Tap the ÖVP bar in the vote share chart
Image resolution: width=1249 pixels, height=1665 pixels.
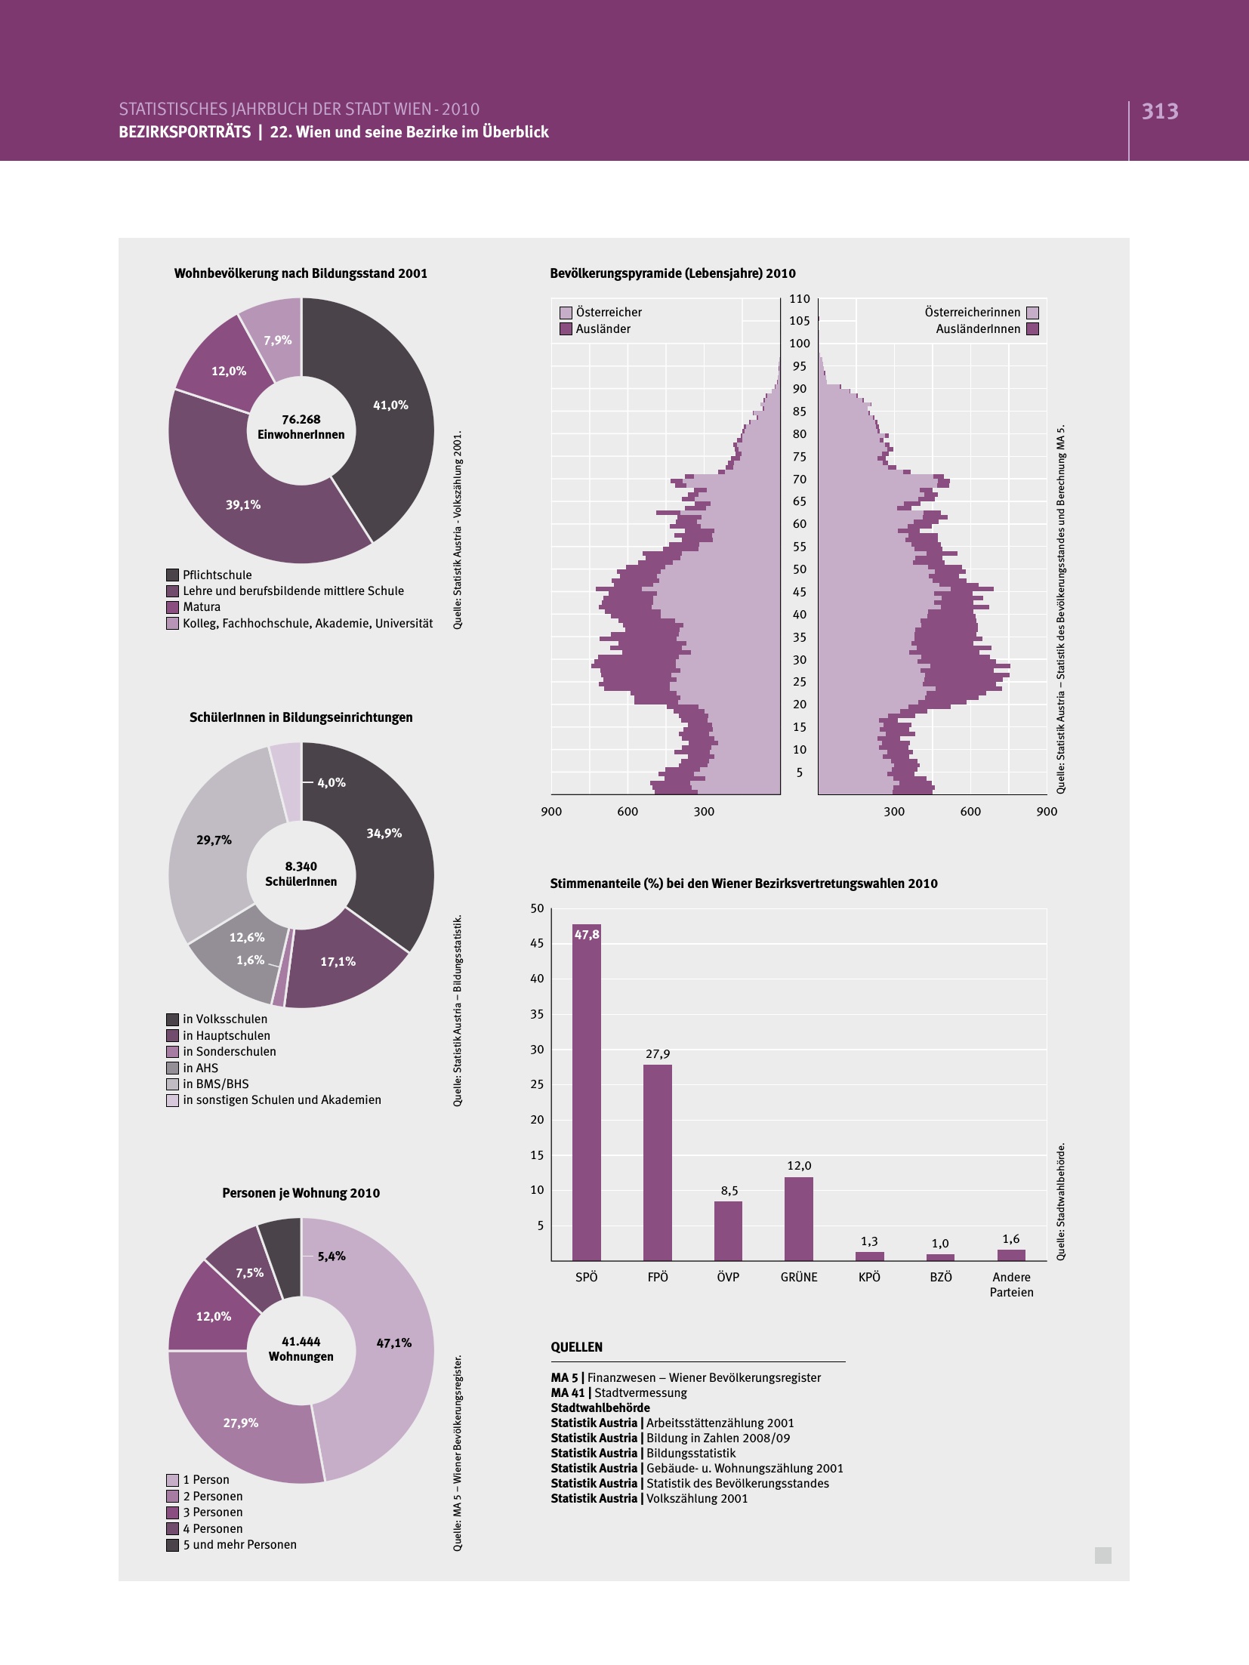pos(728,1230)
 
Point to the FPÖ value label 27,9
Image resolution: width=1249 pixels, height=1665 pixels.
pos(657,1054)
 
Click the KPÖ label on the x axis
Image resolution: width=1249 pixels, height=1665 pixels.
pos(869,1277)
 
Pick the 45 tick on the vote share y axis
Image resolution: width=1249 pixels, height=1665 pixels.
pos(536,943)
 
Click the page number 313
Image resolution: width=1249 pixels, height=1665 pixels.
pos(1160,112)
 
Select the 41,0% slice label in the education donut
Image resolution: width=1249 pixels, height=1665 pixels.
pos(390,405)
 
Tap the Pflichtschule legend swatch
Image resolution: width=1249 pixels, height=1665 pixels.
pos(172,575)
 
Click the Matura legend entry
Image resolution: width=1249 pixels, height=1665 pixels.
pos(202,607)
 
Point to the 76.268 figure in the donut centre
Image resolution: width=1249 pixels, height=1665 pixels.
pos(301,419)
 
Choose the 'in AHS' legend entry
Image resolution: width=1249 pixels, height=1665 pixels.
pos(200,1068)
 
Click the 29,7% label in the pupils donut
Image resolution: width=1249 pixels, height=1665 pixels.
pos(214,840)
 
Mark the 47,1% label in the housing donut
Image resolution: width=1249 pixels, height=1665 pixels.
pos(393,1343)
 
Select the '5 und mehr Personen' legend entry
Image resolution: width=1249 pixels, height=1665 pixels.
pos(239,1544)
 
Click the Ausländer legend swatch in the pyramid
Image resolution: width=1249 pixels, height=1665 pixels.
pos(566,329)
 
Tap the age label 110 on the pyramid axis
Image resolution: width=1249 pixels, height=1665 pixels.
pos(799,299)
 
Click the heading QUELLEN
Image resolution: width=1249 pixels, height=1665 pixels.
pos(577,1347)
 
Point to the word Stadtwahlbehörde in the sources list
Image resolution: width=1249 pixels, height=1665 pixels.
pos(600,1408)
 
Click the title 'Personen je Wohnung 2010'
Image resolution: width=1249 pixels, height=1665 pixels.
pos(301,1193)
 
